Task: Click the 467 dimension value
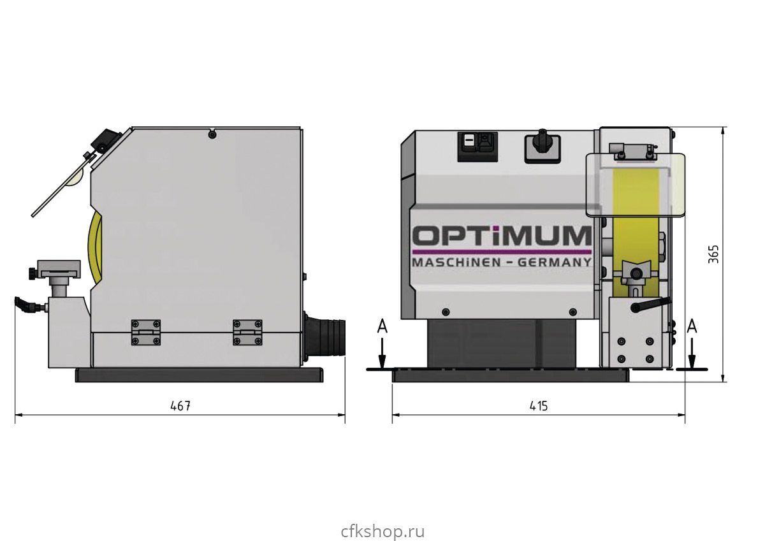pyautogui.click(x=180, y=406)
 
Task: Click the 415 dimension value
pyautogui.click(x=539, y=406)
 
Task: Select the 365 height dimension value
pyautogui.click(x=713, y=254)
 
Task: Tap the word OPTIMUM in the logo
pyautogui.click(x=502, y=236)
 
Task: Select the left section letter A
pyautogui.click(x=382, y=326)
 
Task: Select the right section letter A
pyautogui.click(x=692, y=326)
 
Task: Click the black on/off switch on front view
pyautogui.click(x=477, y=147)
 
